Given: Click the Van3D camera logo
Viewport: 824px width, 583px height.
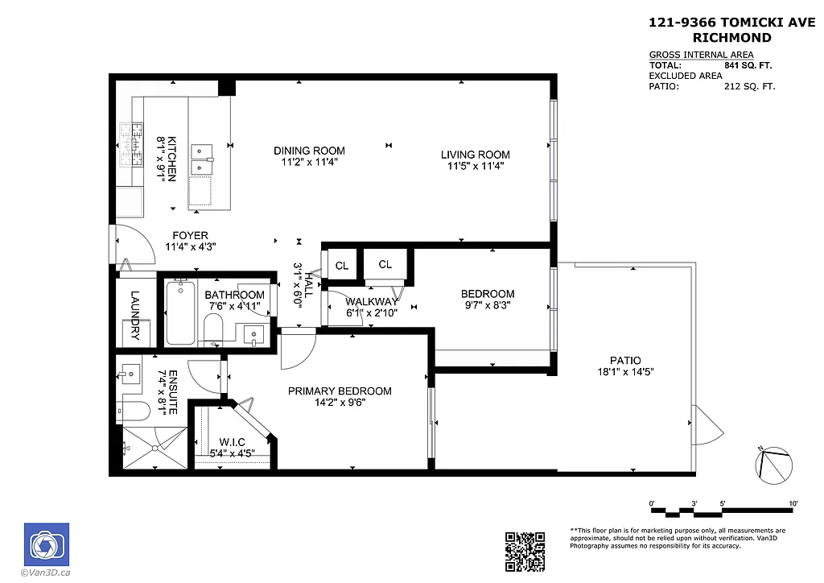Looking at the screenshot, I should [x=46, y=545].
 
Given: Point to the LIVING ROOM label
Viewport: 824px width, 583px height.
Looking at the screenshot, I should [x=475, y=155].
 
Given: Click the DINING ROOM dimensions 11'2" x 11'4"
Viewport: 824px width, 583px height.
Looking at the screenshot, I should [x=309, y=163].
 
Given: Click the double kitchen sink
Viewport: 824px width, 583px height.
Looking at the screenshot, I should [x=201, y=159].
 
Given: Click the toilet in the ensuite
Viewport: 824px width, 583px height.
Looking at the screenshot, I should [x=132, y=411].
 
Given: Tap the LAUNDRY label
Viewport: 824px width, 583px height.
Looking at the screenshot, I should [x=134, y=315].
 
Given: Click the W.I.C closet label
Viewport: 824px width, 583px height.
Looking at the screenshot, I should [x=232, y=442].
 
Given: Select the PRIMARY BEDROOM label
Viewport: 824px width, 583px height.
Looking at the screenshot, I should [x=340, y=391].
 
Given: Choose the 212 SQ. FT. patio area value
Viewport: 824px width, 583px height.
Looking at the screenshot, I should [x=749, y=86].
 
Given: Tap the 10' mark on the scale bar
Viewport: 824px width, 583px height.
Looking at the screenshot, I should [x=793, y=503].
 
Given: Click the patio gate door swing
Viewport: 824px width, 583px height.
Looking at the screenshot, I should [x=702, y=424].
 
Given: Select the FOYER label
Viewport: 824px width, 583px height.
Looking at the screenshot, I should [x=190, y=236].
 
